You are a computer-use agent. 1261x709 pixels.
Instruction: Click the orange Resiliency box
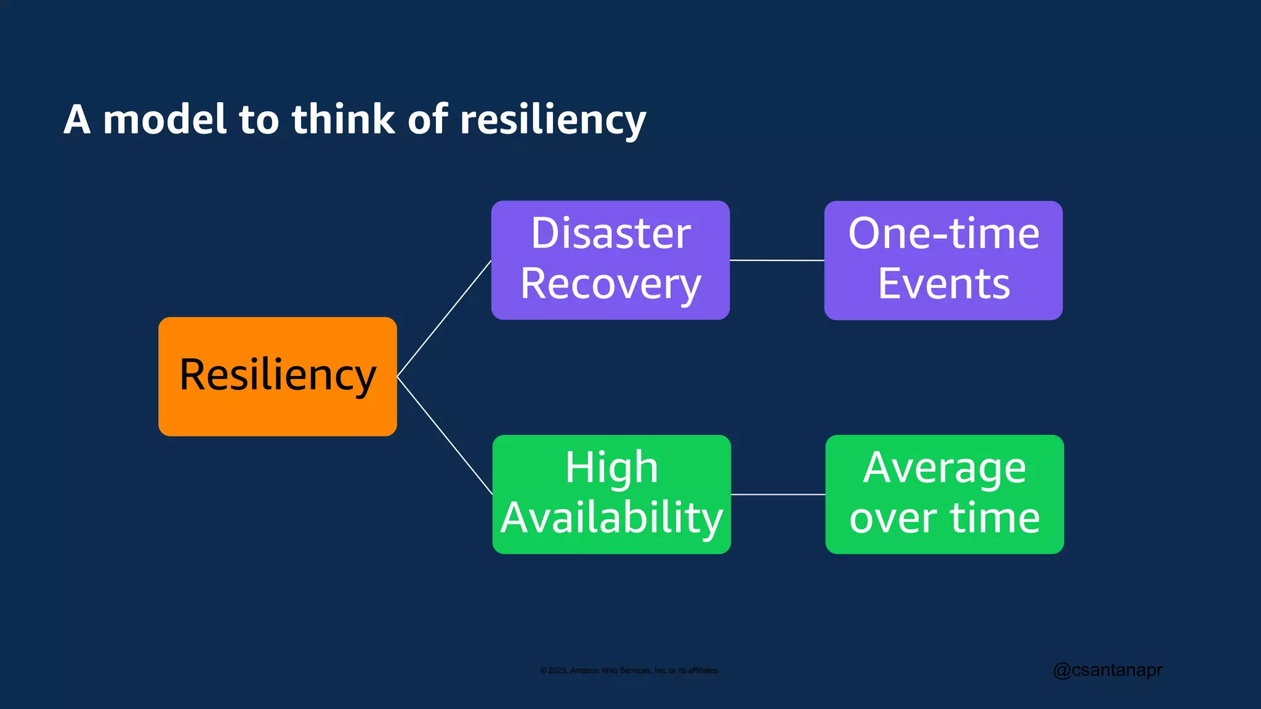click(277, 376)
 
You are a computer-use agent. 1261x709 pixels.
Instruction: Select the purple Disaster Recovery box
click(610, 260)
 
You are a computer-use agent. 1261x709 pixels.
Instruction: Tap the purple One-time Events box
click(943, 260)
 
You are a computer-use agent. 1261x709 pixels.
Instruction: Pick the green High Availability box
click(611, 494)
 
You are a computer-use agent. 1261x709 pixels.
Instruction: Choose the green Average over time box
click(945, 494)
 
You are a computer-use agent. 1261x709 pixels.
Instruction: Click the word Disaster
click(610, 234)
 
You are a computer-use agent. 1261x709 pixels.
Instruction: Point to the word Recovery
click(610, 284)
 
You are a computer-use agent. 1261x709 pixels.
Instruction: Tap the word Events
click(943, 284)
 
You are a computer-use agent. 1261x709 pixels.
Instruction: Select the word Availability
click(611, 518)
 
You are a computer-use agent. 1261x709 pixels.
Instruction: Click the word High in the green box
click(611, 468)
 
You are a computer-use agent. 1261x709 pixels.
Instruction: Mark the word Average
click(945, 468)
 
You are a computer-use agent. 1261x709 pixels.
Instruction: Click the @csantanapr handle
click(1107, 670)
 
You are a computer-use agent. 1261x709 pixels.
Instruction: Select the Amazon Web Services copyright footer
click(629, 670)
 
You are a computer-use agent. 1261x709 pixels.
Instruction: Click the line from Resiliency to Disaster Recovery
click(444, 318)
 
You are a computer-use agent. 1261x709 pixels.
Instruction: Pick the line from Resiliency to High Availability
click(445, 435)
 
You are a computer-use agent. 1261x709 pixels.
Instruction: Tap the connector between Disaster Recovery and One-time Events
click(776, 260)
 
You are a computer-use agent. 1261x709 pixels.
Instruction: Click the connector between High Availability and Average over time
click(778, 494)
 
